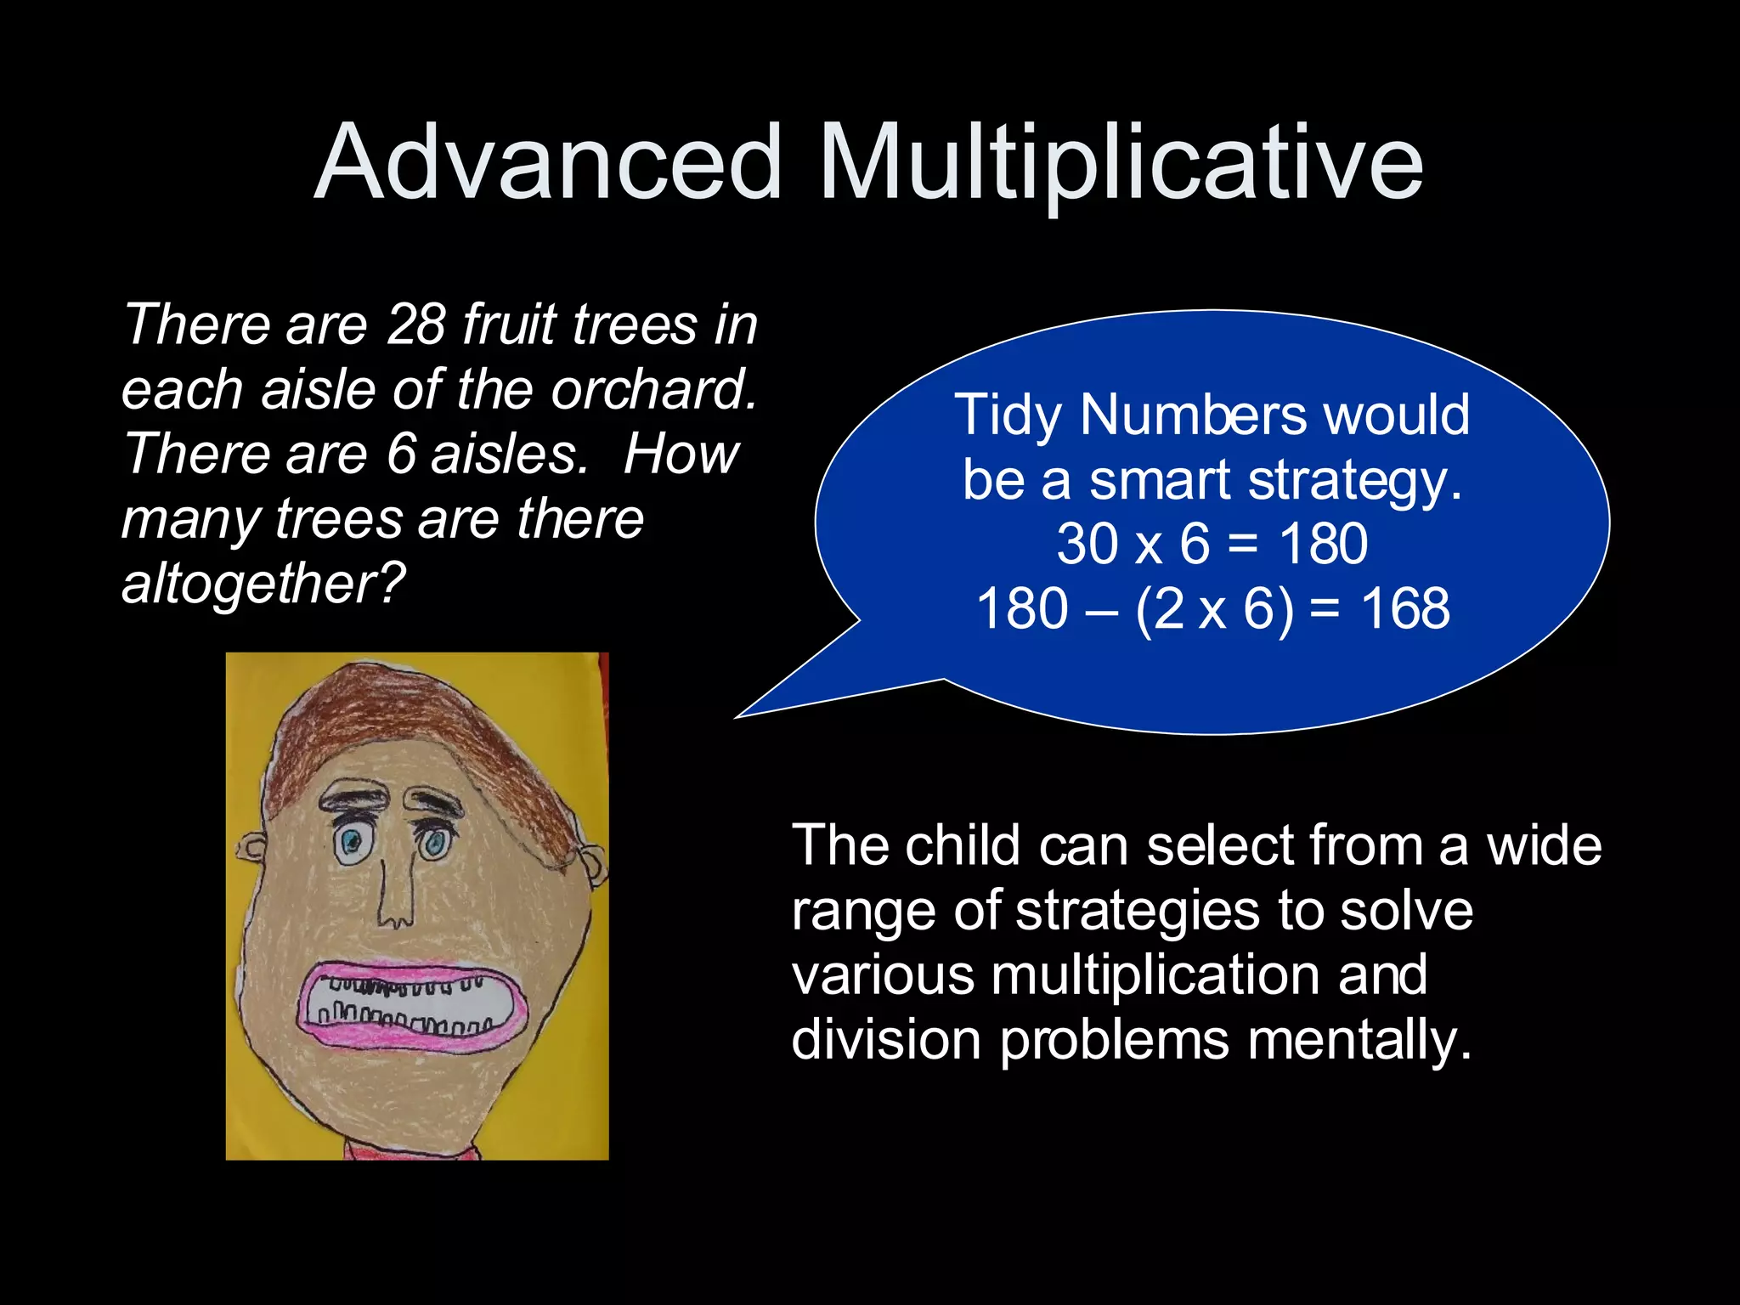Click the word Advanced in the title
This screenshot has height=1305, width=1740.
tap(548, 163)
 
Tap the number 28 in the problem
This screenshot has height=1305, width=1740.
tap(415, 325)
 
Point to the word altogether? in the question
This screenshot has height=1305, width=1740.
tap(263, 585)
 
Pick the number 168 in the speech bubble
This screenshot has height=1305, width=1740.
tap(1405, 609)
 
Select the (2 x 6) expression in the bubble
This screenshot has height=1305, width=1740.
tap(1215, 609)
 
